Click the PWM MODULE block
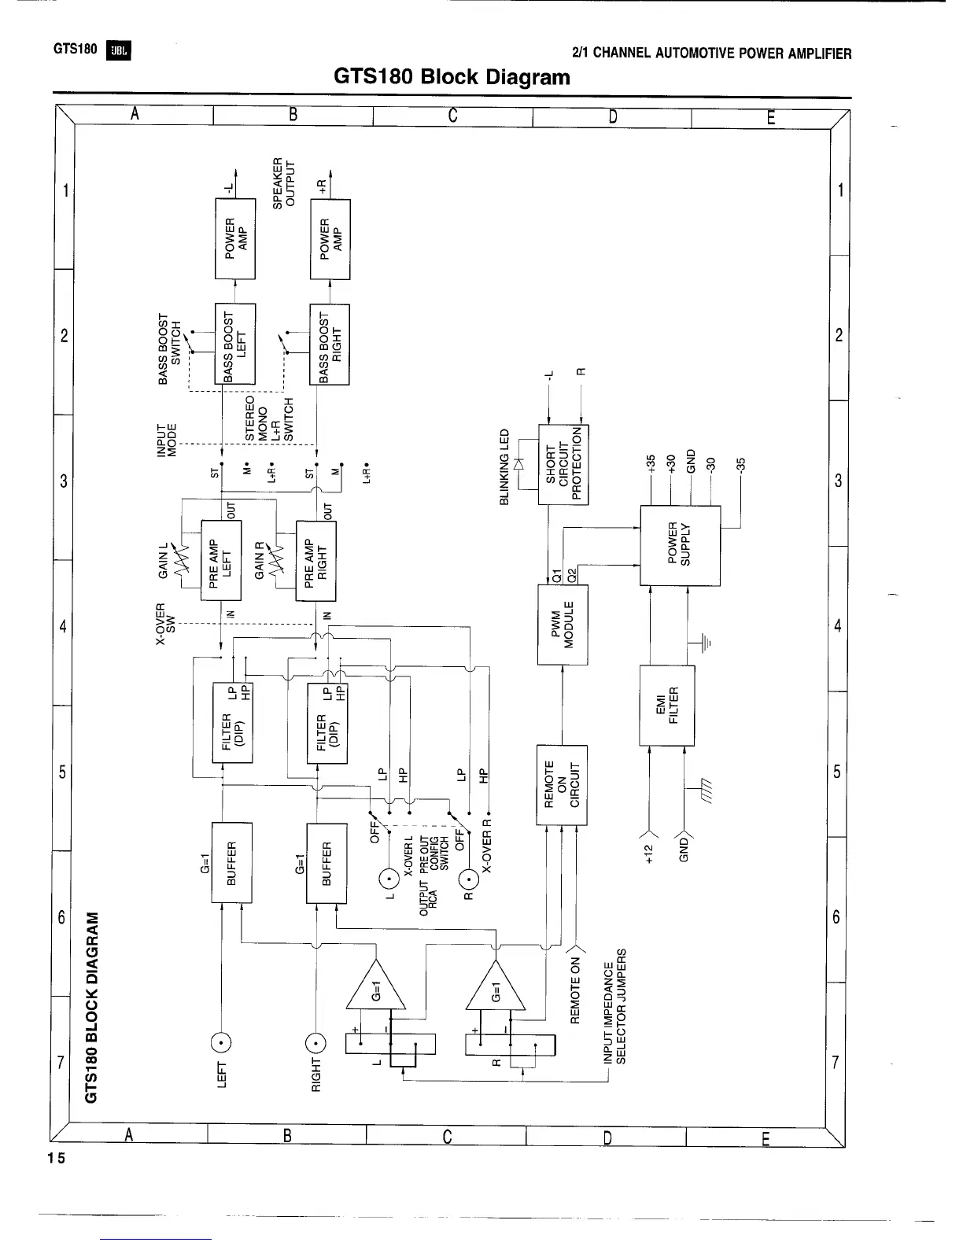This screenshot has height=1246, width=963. pyautogui.click(x=562, y=625)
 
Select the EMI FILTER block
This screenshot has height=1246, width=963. pyautogui.click(x=667, y=705)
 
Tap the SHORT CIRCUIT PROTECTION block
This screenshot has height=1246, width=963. pyautogui.click(x=563, y=465)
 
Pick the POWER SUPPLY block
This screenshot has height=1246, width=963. pyautogui.click(x=680, y=544)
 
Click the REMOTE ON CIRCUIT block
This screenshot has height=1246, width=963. pyautogui.click(x=562, y=784)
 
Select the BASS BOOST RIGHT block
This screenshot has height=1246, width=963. pyautogui.click(x=330, y=344)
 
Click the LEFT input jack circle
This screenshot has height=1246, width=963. pyautogui.click(x=221, y=1043)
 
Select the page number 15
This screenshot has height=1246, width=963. pyautogui.click(x=56, y=1158)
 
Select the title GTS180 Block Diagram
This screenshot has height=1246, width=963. pyautogui.click(x=452, y=77)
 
